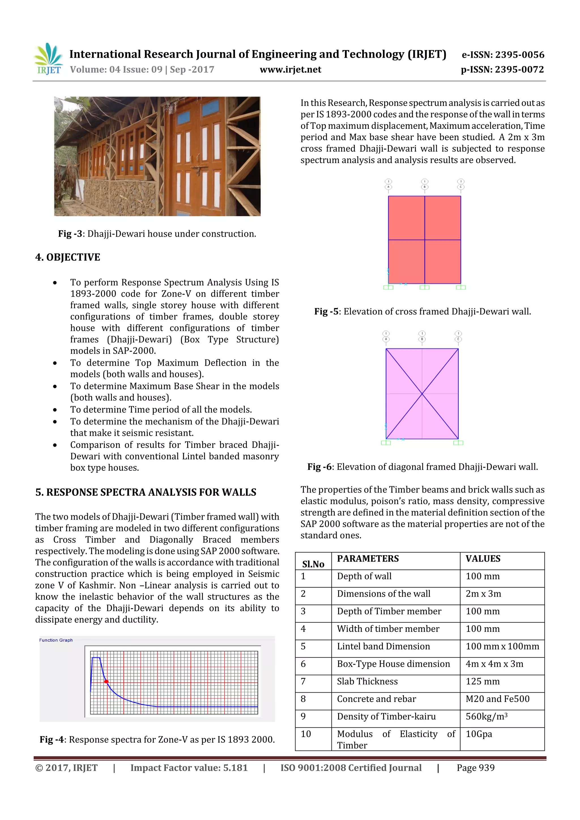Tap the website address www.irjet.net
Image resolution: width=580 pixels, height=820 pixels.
(x=290, y=70)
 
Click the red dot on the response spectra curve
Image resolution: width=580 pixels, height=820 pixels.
(x=106, y=681)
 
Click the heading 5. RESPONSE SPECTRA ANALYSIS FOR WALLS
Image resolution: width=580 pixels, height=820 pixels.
(x=146, y=492)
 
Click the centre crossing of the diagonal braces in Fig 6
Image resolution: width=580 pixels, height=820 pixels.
(x=422, y=393)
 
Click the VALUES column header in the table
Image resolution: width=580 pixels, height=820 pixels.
(x=483, y=558)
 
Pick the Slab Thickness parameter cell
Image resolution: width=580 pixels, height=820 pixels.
(x=367, y=681)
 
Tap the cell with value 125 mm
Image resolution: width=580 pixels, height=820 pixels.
(x=483, y=681)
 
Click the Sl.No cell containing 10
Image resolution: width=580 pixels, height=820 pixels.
(x=306, y=734)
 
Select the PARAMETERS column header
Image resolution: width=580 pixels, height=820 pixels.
(x=368, y=558)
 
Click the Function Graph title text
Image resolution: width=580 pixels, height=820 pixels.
(x=56, y=640)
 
